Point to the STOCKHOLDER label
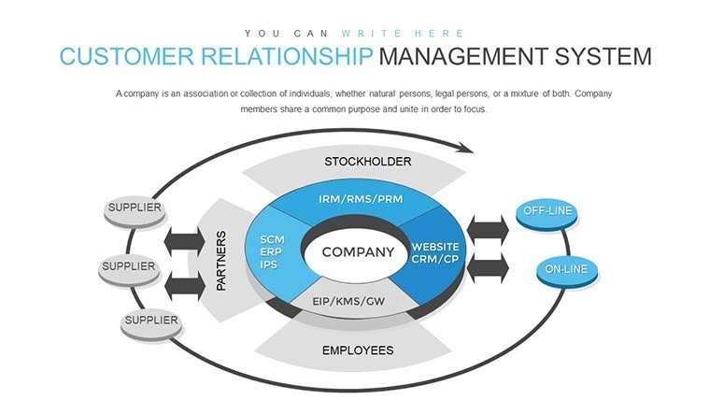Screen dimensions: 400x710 367,162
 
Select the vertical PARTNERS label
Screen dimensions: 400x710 221,259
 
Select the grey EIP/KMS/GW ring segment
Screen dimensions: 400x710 348,301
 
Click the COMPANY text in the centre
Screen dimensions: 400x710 358,252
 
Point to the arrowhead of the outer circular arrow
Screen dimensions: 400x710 464,147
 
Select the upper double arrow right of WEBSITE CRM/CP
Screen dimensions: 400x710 488,228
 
